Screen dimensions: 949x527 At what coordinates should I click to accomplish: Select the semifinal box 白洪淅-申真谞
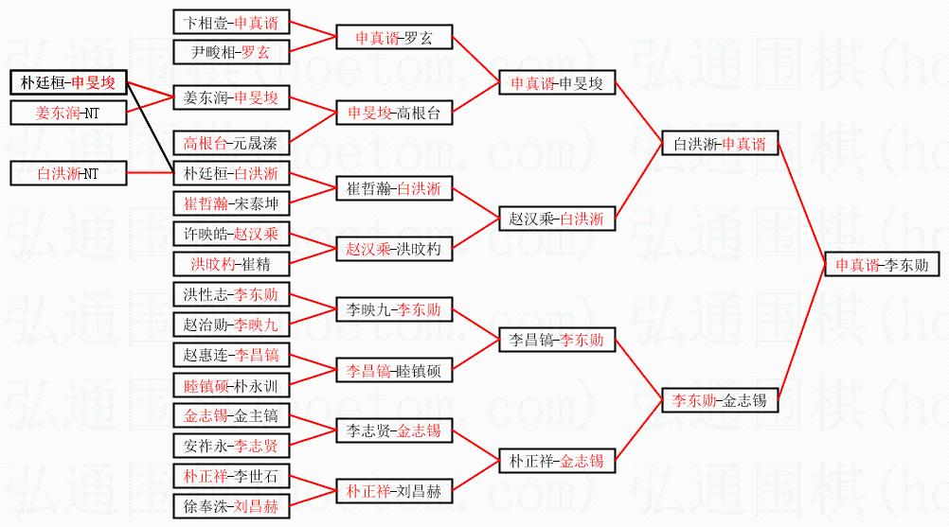tap(719, 145)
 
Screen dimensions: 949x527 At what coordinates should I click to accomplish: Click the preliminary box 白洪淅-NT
tap(68, 174)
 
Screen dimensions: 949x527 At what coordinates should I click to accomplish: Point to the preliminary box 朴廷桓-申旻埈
tap(68, 83)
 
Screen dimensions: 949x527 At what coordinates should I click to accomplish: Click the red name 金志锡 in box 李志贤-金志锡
tap(419, 431)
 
